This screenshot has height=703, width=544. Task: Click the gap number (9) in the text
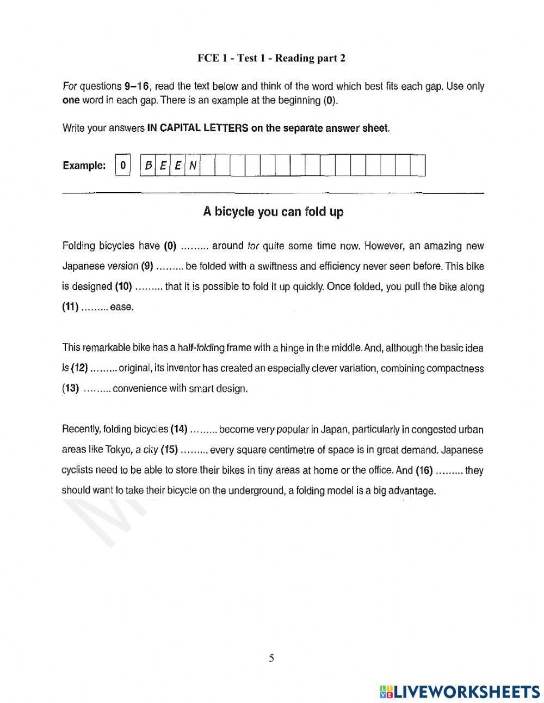147,266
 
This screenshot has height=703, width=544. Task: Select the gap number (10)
123,286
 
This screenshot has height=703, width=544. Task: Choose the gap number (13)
70,389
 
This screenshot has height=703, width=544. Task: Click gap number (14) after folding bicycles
179,429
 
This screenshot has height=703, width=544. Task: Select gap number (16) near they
424,470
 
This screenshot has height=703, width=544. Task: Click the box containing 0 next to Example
123,166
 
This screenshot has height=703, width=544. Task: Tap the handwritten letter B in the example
147,166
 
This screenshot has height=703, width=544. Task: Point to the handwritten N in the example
193,166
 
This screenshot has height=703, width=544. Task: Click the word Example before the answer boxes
84,166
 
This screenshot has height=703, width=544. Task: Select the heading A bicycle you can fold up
273,212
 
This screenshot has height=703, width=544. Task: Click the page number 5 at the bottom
271,658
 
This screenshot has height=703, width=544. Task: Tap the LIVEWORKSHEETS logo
460,692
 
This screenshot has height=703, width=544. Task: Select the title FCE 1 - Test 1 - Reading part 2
271,58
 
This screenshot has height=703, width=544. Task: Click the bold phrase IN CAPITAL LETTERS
198,129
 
